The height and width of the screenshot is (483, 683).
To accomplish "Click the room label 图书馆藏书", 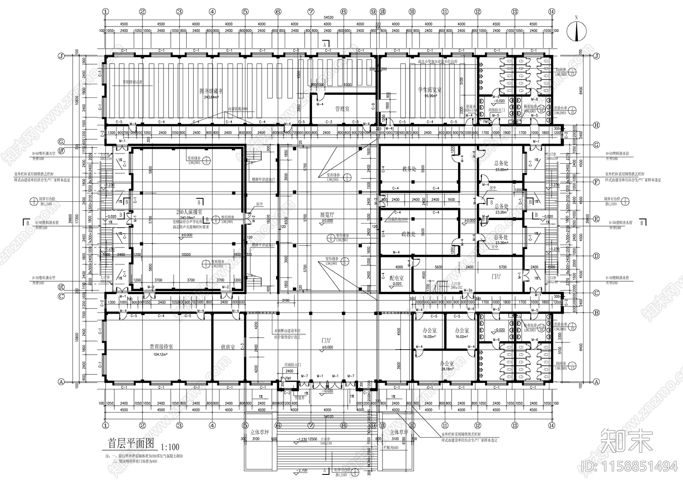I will coord(212,91).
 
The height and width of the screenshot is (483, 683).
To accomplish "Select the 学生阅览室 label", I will coord(430,90).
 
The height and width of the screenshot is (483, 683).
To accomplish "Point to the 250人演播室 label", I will coord(189,212).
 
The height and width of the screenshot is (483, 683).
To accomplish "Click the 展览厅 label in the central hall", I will coord(327,215).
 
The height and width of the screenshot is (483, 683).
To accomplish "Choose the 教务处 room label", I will coord(409,169).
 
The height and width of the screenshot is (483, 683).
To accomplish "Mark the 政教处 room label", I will coord(409,234).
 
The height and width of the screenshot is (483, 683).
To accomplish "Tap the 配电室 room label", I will coord(397,277).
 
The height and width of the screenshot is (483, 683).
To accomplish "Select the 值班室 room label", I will coord(228,348).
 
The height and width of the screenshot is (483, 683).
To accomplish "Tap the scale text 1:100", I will coord(170,446).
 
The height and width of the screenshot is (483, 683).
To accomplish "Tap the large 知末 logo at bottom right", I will coord(626,440).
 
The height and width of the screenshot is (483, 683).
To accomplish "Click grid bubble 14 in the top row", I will coord(552,12).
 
